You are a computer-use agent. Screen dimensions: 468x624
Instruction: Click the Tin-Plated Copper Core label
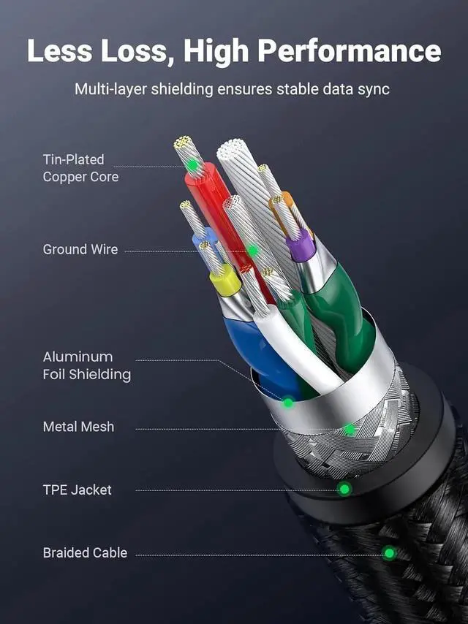(x=80, y=167)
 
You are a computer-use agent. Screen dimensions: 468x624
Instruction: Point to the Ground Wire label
(x=80, y=249)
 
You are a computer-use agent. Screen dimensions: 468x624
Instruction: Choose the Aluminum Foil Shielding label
(x=86, y=365)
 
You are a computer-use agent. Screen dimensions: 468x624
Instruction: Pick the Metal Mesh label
(x=78, y=427)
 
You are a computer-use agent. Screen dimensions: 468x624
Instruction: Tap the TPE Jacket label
(x=77, y=490)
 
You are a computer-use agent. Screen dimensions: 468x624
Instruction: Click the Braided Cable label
(x=85, y=553)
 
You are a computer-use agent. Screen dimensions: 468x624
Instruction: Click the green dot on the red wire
(x=192, y=165)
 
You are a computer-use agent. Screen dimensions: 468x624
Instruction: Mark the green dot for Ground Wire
(x=252, y=251)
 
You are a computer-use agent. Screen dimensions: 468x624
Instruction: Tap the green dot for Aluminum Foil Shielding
(x=289, y=402)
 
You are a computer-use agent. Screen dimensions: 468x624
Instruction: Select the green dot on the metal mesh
(x=350, y=430)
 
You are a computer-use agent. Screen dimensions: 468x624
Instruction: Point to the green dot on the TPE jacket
(x=344, y=489)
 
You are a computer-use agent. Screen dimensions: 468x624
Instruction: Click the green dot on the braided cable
(x=389, y=553)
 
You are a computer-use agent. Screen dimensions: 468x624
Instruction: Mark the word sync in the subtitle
(x=374, y=90)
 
